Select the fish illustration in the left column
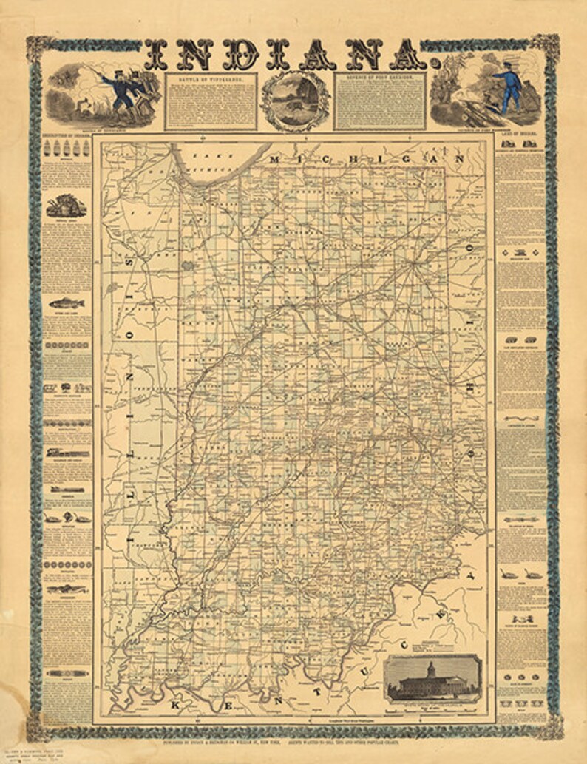tap(66, 303)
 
